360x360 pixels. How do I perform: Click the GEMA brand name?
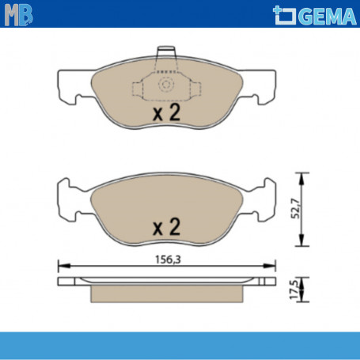click(x=321, y=14)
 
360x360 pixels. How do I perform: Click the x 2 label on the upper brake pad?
click(x=167, y=113)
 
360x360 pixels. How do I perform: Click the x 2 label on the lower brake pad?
click(x=167, y=227)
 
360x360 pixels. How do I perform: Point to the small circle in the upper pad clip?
click(x=166, y=85)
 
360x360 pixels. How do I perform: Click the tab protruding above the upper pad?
click(x=166, y=55)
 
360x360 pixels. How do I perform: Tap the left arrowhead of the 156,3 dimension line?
click(x=62, y=265)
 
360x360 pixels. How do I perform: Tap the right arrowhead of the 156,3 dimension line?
click(x=273, y=265)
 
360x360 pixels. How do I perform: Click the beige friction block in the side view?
click(x=167, y=293)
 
